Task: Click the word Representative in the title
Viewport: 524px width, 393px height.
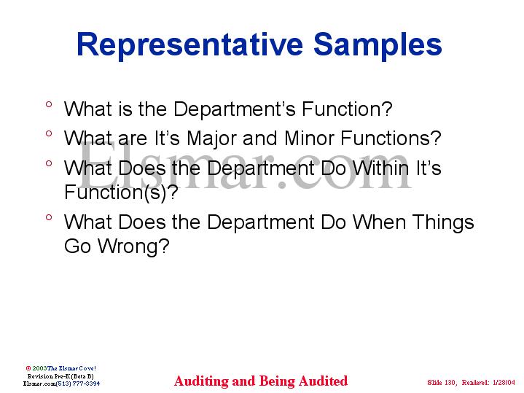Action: (189, 44)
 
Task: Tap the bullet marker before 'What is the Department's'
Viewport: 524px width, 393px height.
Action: (48, 106)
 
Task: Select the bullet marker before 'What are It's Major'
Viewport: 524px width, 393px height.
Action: (48, 135)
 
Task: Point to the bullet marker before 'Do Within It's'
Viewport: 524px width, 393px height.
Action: (48, 164)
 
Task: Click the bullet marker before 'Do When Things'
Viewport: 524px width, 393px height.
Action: (48, 218)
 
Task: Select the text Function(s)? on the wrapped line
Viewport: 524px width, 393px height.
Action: (121, 193)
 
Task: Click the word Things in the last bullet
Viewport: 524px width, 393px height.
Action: (442, 222)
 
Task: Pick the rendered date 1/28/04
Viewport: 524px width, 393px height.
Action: (503, 383)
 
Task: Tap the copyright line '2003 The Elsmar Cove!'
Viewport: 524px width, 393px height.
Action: (64, 368)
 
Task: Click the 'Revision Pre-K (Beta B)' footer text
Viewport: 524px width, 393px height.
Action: (60, 376)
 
